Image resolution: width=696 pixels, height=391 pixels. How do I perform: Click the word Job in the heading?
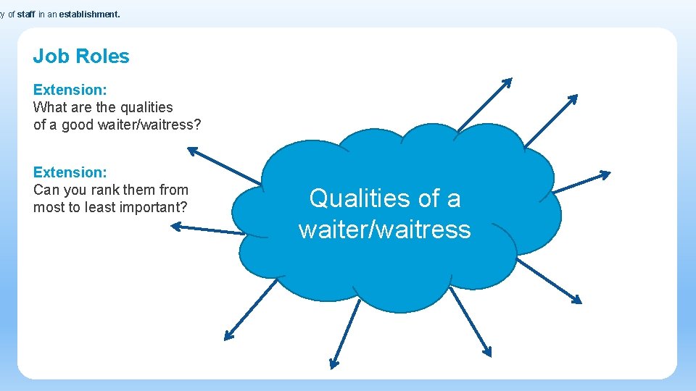pyautogui.click(x=49, y=56)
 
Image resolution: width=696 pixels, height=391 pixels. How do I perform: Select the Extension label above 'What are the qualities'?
pyautogui.click(x=70, y=90)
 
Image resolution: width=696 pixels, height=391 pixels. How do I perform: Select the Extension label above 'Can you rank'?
pyautogui.click(x=70, y=172)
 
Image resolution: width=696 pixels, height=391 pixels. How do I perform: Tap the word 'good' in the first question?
pyautogui.click(x=79, y=125)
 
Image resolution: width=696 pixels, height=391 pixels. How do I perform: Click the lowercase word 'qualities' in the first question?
pyautogui.click(x=146, y=107)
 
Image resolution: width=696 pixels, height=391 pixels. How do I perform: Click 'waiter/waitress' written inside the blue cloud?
pyautogui.click(x=384, y=230)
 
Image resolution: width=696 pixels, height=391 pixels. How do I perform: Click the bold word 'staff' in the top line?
pyautogui.click(x=26, y=13)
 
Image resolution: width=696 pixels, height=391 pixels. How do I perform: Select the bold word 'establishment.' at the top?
pyautogui.click(x=89, y=13)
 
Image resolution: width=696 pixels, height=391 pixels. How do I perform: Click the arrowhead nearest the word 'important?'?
pyautogui.click(x=175, y=227)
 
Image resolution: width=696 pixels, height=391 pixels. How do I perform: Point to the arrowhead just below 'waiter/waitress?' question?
pyautogui.click(x=191, y=151)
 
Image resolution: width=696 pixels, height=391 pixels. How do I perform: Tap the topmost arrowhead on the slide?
pyautogui.click(x=507, y=81)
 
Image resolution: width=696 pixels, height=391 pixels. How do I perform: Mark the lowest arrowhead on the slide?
pyautogui.click(x=333, y=364)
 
